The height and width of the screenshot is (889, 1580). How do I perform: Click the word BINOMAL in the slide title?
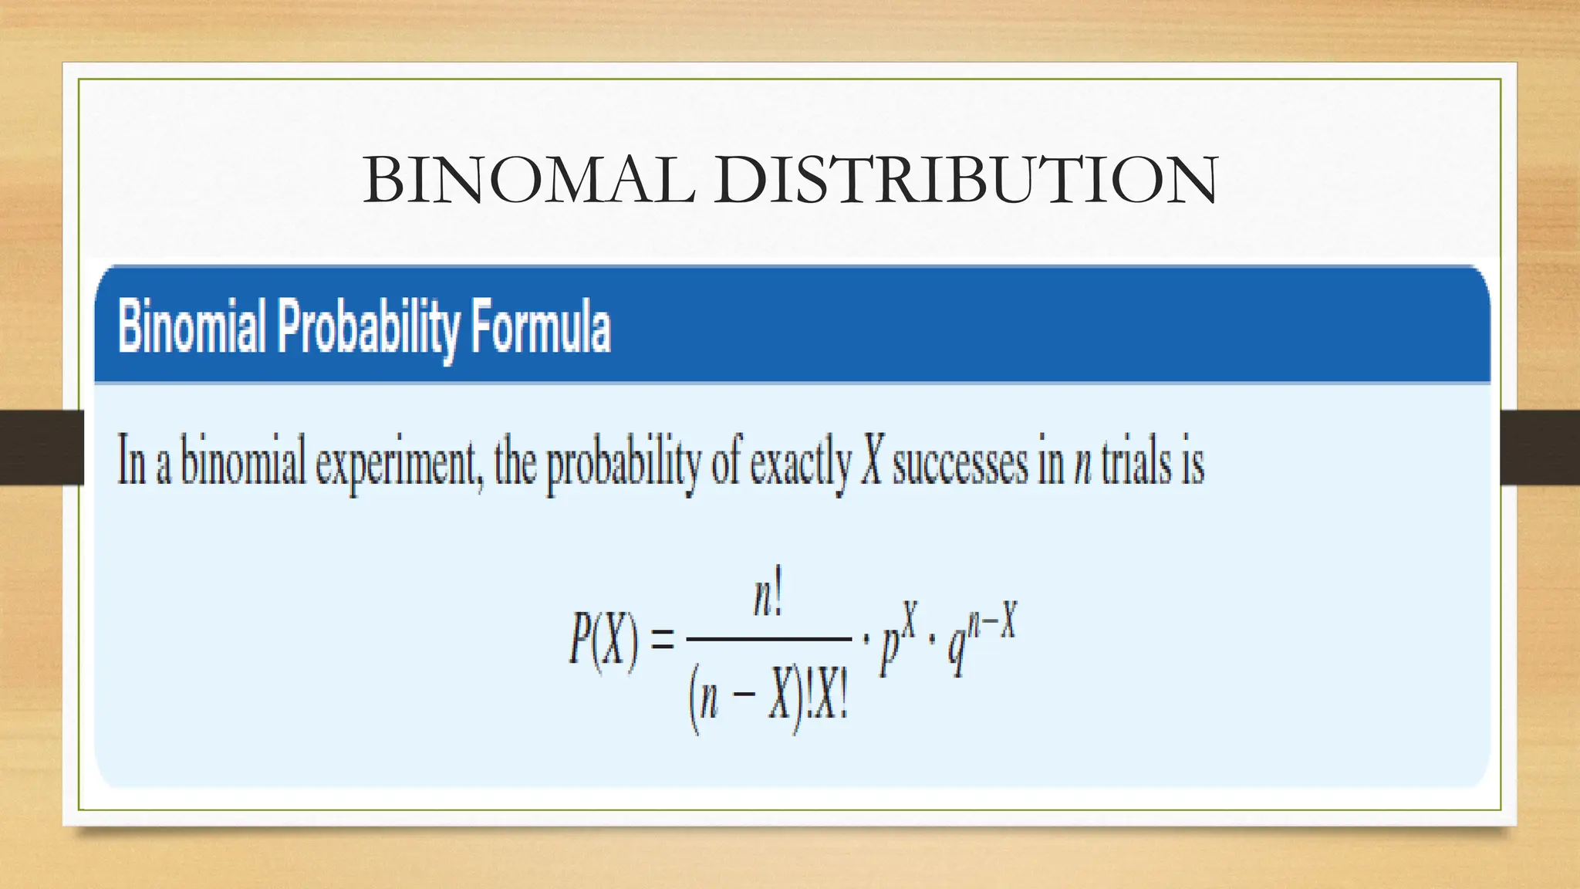coord(529,180)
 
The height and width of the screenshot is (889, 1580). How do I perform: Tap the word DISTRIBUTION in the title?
coord(965,180)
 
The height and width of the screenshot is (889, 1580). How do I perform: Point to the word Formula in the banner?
coord(541,327)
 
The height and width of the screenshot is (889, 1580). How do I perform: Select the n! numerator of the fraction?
coord(768,598)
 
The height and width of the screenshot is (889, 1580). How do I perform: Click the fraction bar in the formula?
coord(768,639)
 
